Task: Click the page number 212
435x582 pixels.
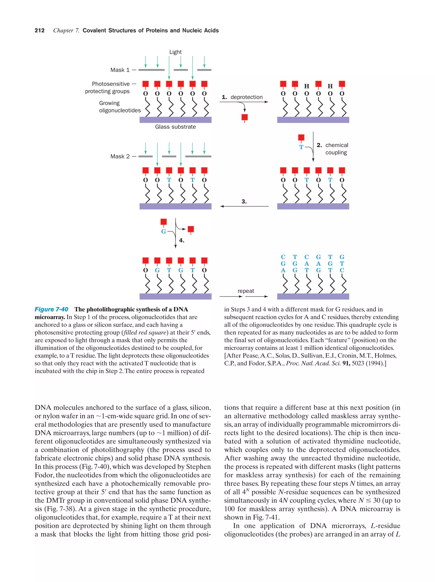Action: click(40, 31)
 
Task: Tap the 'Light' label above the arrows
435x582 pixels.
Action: click(175, 52)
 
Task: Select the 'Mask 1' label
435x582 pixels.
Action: click(120, 70)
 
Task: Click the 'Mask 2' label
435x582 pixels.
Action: click(120, 156)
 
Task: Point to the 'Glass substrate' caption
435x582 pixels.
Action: click(175, 127)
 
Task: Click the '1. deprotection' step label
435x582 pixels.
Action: click(242, 97)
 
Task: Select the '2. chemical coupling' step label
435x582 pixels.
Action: click(332, 149)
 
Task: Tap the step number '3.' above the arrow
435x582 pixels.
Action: click(244, 202)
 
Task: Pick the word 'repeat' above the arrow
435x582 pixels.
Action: click(246, 291)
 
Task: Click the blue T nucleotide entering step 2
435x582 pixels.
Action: click(301, 147)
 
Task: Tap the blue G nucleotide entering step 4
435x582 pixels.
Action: click(163, 231)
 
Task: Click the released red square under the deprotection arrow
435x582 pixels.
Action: click(244, 118)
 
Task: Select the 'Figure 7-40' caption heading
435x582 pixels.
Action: click(51, 309)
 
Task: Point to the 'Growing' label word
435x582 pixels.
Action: click(109, 103)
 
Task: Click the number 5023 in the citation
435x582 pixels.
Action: click(358, 363)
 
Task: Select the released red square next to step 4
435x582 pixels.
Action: click(191, 229)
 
